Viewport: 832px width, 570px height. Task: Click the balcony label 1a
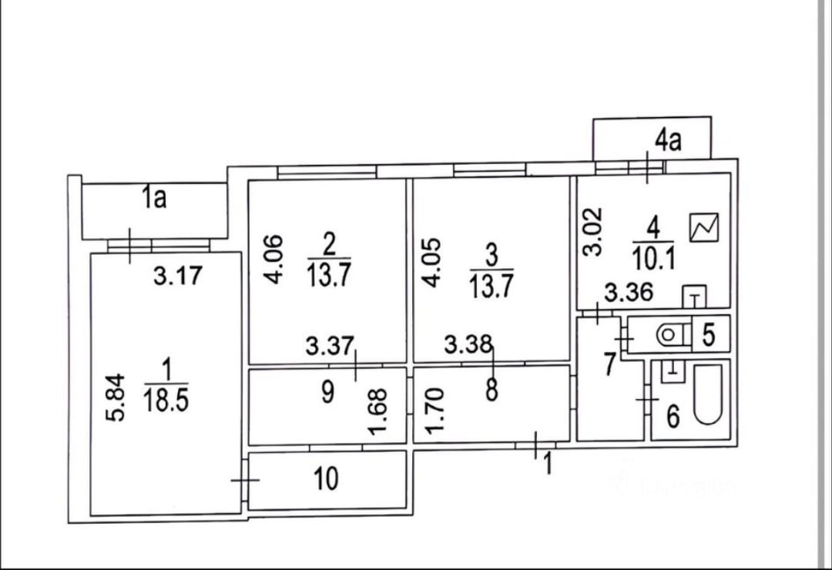coord(155,199)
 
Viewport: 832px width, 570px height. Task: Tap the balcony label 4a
coord(667,140)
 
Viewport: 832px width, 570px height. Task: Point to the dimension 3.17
coord(176,276)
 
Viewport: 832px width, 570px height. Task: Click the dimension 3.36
coord(629,293)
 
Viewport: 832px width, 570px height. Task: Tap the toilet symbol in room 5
coord(669,334)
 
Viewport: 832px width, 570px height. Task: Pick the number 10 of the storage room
coord(327,479)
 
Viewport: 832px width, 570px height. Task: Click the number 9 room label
coord(327,393)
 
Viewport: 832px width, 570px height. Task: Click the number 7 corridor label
coord(609,364)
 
